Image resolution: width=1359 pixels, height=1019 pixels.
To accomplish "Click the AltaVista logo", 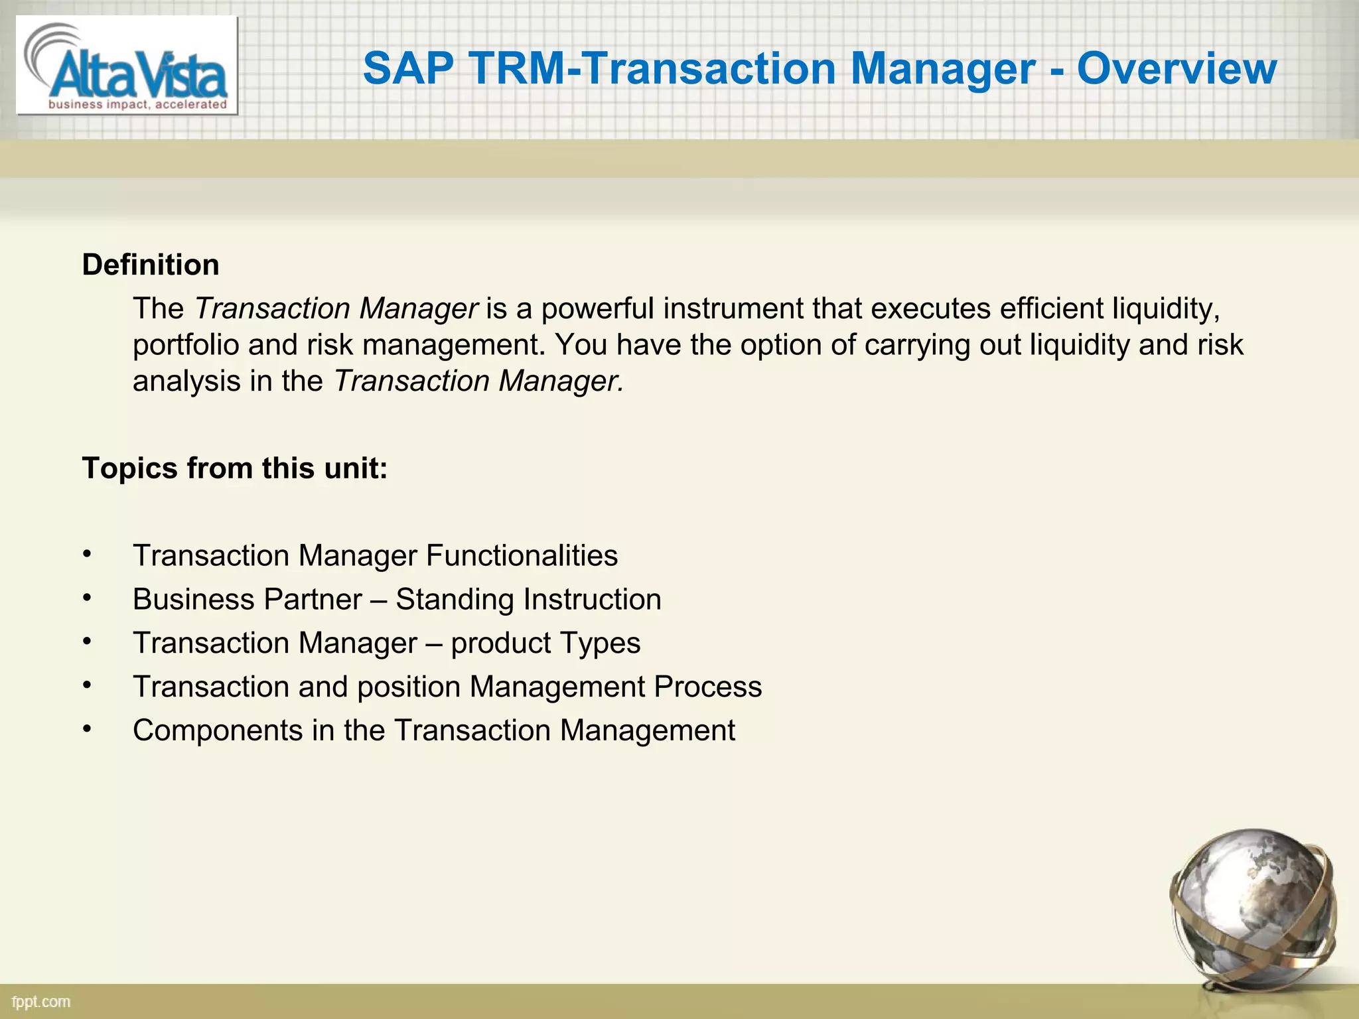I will pyautogui.click(x=126, y=65).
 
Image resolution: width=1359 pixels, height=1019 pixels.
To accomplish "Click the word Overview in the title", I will pyautogui.click(x=1176, y=68).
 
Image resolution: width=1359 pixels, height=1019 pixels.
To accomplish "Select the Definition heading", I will pyautogui.click(x=151, y=265).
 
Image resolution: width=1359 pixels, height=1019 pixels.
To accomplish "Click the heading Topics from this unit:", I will pyautogui.click(x=234, y=468).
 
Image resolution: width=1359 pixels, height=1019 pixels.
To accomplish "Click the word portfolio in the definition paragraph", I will pyautogui.click(x=186, y=345).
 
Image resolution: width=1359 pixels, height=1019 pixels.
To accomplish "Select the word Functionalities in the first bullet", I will pyautogui.click(x=522, y=555).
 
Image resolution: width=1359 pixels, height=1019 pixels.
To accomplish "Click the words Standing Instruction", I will pyautogui.click(x=528, y=599).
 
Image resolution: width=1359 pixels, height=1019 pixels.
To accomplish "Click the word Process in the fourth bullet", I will pyautogui.click(x=707, y=687).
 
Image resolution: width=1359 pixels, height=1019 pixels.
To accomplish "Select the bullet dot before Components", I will pyautogui.click(x=86, y=728).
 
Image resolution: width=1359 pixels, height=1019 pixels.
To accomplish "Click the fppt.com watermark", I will pyautogui.click(x=41, y=1002).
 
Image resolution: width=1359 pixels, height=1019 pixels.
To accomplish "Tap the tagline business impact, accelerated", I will pyautogui.click(x=138, y=104).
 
